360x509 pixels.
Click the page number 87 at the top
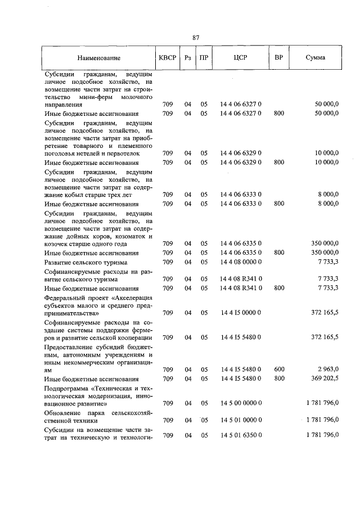click(196, 38)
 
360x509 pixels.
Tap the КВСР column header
click(167, 58)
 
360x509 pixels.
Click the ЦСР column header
click(240, 58)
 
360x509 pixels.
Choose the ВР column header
click(278, 58)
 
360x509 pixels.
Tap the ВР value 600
click(278, 370)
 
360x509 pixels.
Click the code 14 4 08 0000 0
click(240, 263)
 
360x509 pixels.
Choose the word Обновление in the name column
click(63, 413)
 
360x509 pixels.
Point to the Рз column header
click(188, 58)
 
